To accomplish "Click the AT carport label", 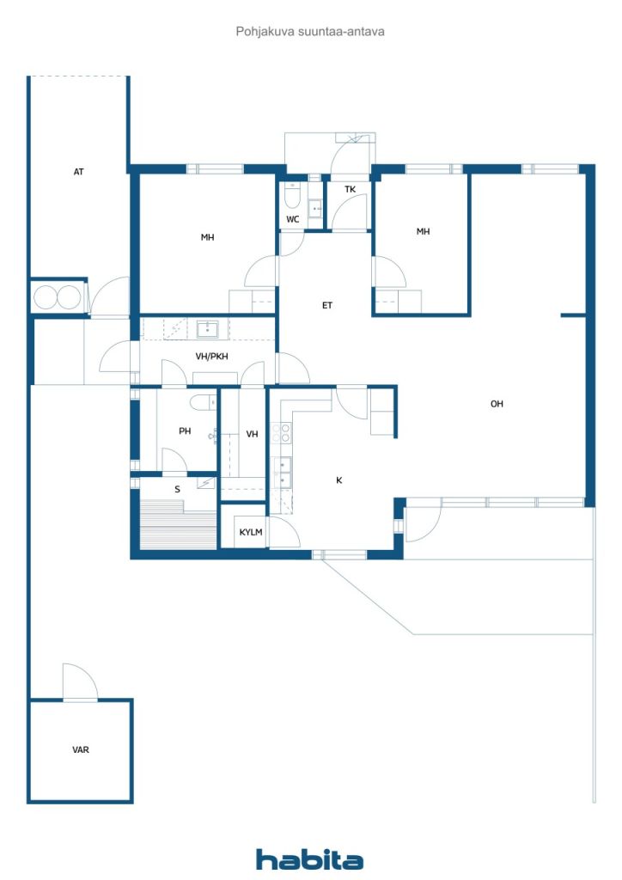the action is pyautogui.click(x=78, y=172).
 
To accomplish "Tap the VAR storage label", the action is pyautogui.click(x=80, y=749).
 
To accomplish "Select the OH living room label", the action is pyautogui.click(x=497, y=404).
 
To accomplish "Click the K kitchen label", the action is pyautogui.click(x=338, y=480).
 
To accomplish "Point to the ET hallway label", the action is pyautogui.click(x=327, y=305).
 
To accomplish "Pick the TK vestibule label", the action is pyautogui.click(x=350, y=189).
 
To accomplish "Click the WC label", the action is pyautogui.click(x=292, y=219).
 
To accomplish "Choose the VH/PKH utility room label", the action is pyautogui.click(x=211, y=356).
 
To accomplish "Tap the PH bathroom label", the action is pyautogui.click(x=185, y=431).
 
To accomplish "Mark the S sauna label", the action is pyautogui.click(x=177, y=489).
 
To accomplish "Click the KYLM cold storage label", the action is pyautogui.click(x=251, y=532).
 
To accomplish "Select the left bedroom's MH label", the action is pyautogui.click(x=208, y=237).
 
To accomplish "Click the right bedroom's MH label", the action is pyautogui.click(x=423, y=231).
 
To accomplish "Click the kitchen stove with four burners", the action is pyautogui.click(x=281, y=433).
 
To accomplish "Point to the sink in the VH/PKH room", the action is pyautogui.click(x=208, y=329).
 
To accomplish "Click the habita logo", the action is pyautogui.click(x=309, y=859).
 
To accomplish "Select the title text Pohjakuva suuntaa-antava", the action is pyautogui.click(x=310, y=32).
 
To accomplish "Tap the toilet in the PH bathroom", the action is pyautogui.click(x=203, y=402).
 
